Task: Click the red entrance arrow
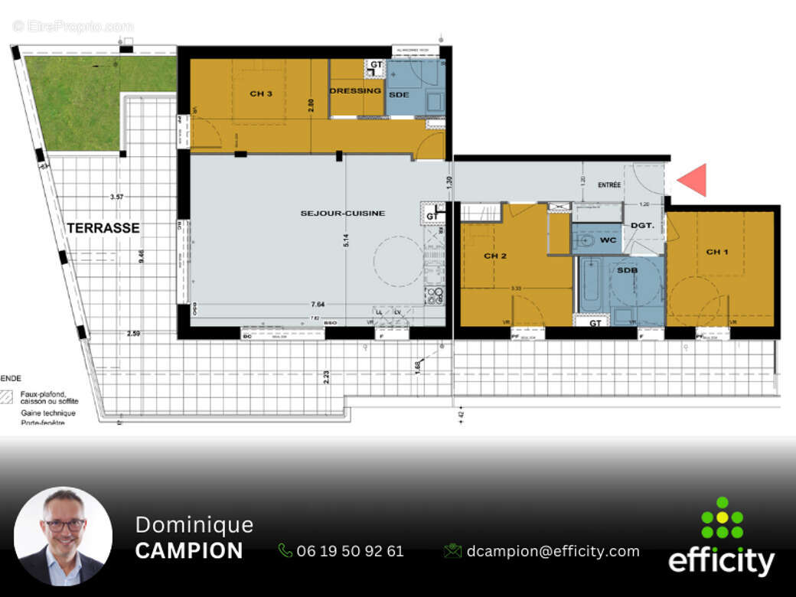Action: [x=693, y=180]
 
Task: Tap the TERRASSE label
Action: [x=103, y=227]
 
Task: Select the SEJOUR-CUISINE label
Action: [x=342, y=213]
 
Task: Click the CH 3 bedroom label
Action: [x=261, y=93]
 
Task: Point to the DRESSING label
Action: [x=355, y=91]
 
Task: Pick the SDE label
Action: [x=399, y=94]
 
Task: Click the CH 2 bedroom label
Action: [x=495, y=256]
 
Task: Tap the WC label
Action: [x=608, y=240]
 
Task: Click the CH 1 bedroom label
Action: [x=717, y=252]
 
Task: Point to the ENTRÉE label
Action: [x=609, y=185]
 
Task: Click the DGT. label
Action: [x=641, y=225]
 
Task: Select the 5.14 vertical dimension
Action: [x=347, y=240]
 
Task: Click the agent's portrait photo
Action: [x=63, y=536]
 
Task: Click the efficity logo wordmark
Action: [x=721, y=562]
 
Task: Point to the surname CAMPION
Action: [x=189, y=551]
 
